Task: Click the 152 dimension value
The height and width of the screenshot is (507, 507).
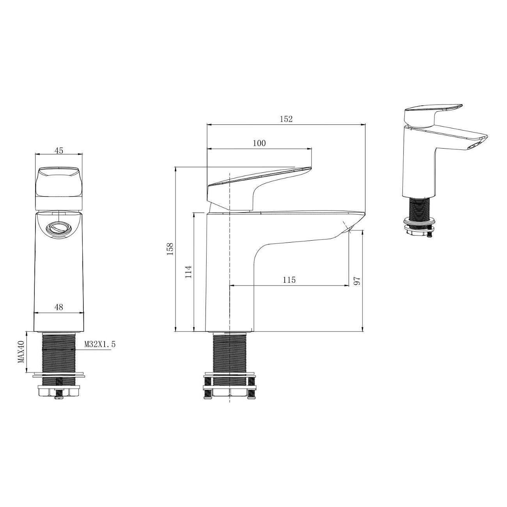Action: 286,119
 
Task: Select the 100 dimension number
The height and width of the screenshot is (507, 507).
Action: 259,143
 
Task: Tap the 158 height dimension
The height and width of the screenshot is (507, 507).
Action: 170,249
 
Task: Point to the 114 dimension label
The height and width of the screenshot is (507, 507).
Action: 188,272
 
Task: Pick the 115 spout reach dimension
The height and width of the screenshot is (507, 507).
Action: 289,280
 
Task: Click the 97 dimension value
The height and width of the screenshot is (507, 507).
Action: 356,281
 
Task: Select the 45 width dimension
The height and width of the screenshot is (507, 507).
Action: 58,151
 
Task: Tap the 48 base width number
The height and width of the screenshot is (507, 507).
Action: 59,307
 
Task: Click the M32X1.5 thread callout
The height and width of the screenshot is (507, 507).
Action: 100,344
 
